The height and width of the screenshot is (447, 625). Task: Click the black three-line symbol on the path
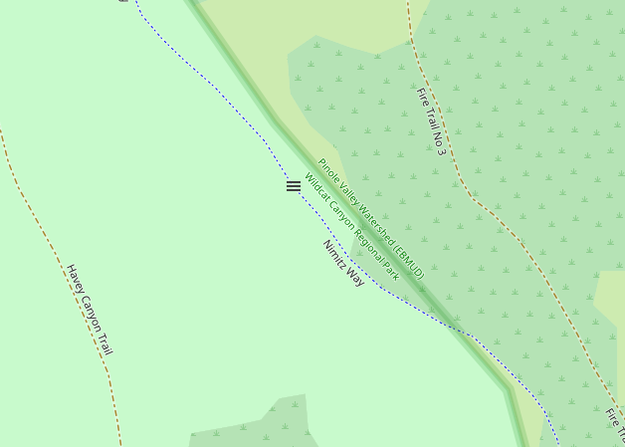tap(294, 186)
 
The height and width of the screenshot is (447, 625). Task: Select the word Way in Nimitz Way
tap(355, 278)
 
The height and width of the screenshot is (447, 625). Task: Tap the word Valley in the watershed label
tap(348, 192)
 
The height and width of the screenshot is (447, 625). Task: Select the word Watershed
tap(376, 224)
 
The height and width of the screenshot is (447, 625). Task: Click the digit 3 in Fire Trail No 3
tap(440, 150)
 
